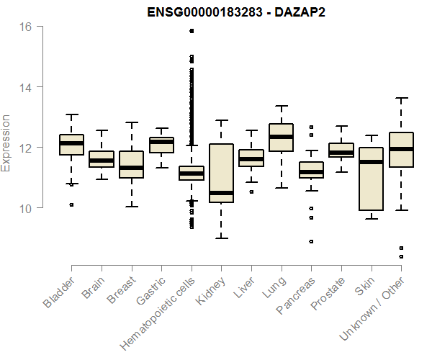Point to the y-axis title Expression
[6, 143]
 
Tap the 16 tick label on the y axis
[25, 27]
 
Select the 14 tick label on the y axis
[25, 87]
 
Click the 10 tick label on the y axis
[25, 208]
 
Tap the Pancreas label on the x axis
[295, 296]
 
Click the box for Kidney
[221, 174]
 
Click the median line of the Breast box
[131, 168]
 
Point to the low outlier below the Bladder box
[71, 204]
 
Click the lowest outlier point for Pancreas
[311, 241]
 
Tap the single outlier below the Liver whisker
[251, 192]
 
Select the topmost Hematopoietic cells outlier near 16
[191, 31]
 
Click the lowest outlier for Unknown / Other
[400, 256]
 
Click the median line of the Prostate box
[341, 153]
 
